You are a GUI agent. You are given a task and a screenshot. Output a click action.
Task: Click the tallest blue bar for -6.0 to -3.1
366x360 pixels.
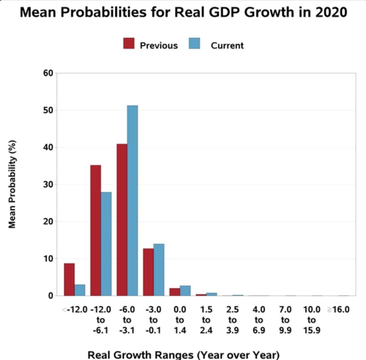pyautogui.click(x=132, y=201)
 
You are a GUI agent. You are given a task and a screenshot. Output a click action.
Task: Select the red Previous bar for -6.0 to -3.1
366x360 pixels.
pyautogui.click(x=122, y=220)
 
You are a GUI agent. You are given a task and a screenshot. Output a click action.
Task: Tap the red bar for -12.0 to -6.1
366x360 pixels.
pyautogui.click(x=95, y=230)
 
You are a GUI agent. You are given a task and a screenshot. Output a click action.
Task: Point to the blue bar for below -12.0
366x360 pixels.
pyautogui.click(x=80, y=290)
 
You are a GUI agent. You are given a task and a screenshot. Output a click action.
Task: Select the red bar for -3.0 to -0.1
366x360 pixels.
pyautogui.click(x=148, y=272)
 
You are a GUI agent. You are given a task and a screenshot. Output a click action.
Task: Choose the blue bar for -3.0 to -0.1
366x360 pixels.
pyautogui.click(x=159, y=270)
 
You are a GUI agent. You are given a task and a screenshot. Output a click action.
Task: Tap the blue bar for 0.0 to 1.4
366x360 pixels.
pyautogui.click(x=185, y=291)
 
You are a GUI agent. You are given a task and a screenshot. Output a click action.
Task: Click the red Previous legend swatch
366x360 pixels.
pyautogui.click(x=129, y=43)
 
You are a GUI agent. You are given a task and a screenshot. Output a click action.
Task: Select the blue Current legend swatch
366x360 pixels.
pyautogui.click(x=194, y=43)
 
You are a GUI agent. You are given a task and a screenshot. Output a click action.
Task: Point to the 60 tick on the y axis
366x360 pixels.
pyautogui.click(x=49, y=73)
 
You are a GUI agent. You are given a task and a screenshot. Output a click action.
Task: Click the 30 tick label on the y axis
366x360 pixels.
pyautogui.click(x=49, y=184)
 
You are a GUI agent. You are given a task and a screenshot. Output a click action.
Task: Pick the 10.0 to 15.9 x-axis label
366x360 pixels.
pyautogui.click(x=312, y=320)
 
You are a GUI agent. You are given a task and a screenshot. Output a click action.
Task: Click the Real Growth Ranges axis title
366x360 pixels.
pyautogui.click(x=183, y=355)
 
